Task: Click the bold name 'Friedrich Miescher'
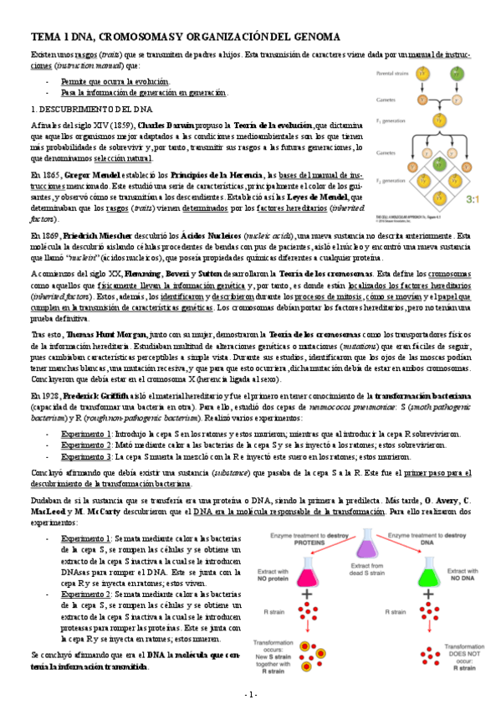(93, 237)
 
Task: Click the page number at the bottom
(250, 695)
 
